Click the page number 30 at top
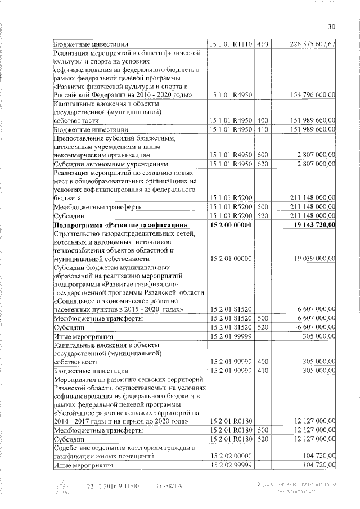tap(332, 26)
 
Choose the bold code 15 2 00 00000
tap(231, 226)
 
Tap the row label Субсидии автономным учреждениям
tap(103, 164)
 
